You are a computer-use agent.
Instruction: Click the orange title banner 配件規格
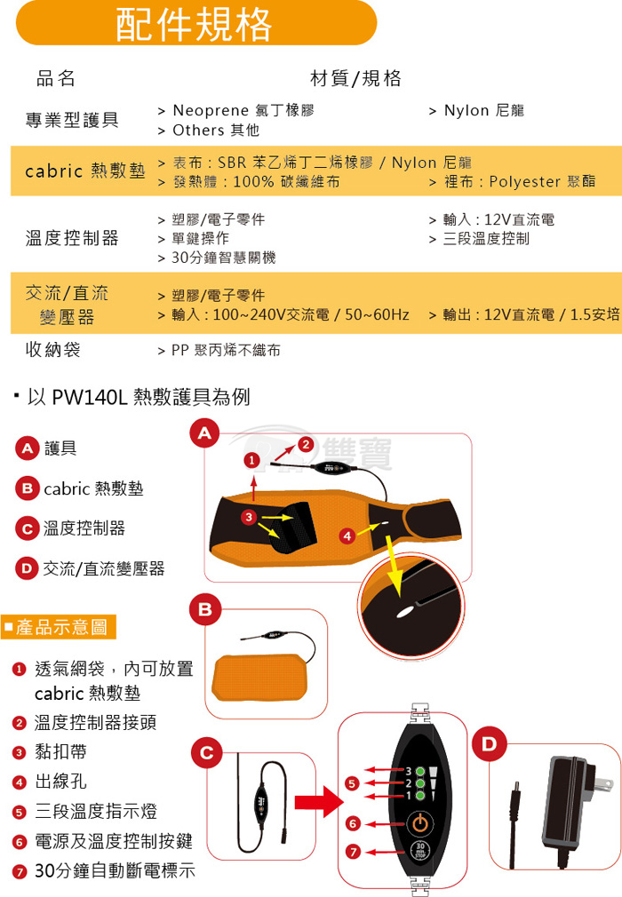[x=196, y=23]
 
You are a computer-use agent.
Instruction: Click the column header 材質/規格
[x=355, y=78]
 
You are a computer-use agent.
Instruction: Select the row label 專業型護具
[x=72, y=120]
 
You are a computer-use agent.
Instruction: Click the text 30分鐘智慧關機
[x=224, y=258]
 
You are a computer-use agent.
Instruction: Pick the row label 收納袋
[x=52, y=349]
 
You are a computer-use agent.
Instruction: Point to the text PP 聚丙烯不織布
[x=226, y=350]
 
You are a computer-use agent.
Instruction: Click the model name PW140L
[x=90, y=396]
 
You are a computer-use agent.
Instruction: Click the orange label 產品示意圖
[x=59, y=627]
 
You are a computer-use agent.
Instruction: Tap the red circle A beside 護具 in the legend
[x=27, y=448]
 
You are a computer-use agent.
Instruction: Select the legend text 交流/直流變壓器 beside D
[x=104, y=568]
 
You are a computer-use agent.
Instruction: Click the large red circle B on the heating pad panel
[x=205, y=609]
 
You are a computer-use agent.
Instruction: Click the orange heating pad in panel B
[x=261, y=678]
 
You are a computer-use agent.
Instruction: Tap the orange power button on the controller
[x=420, y=823]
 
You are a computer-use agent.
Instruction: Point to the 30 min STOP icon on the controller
[x=420, y=851]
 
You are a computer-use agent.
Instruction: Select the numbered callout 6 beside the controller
[x=353, y=823]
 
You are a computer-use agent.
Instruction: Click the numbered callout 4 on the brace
[x=347, y=536]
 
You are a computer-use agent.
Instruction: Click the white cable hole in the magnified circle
[x=405, y=612]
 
